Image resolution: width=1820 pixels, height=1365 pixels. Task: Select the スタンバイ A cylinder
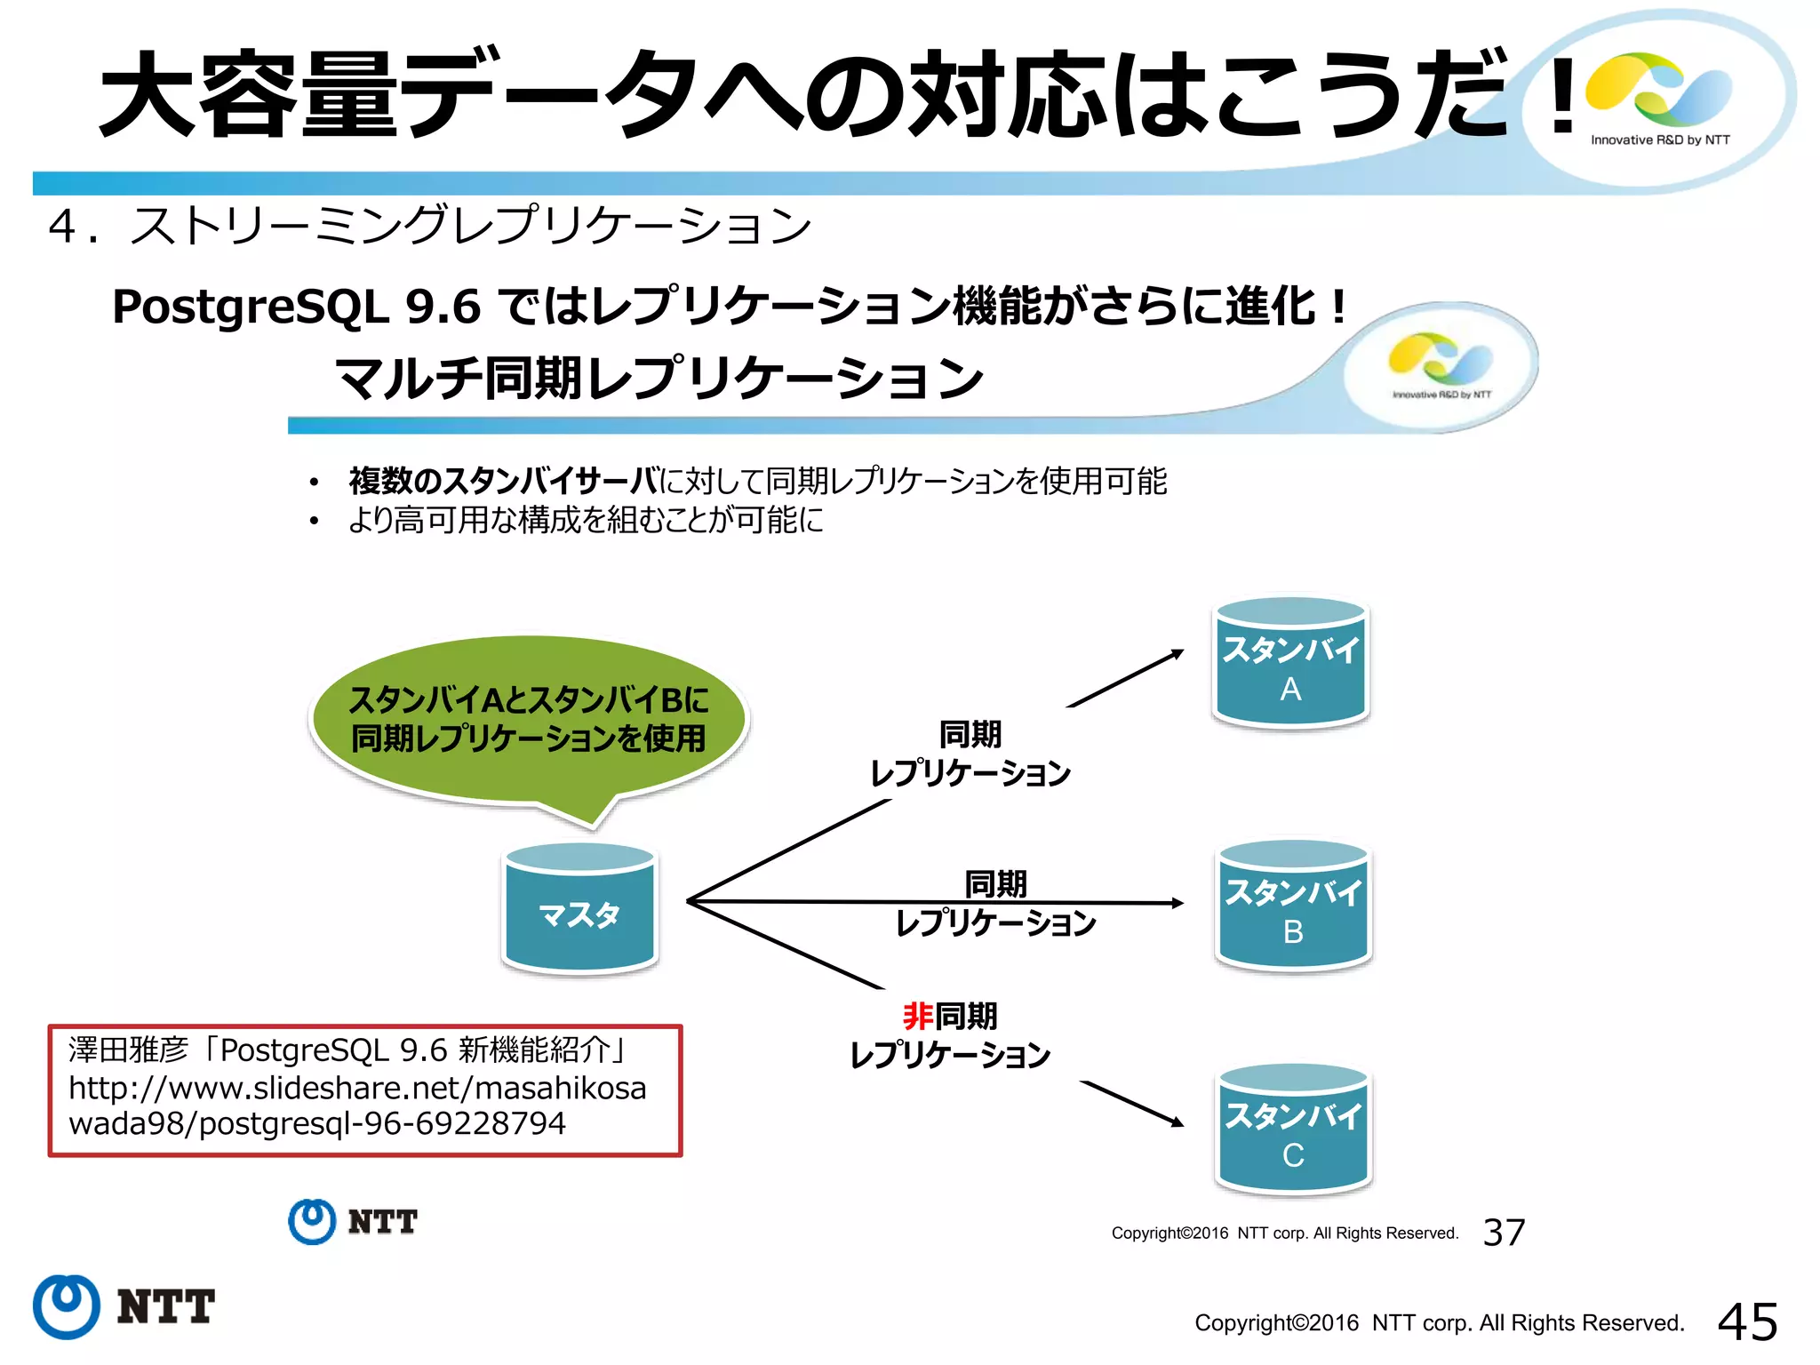pos(1290,663)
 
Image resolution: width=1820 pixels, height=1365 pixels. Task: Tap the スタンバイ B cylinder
pos(1293,906)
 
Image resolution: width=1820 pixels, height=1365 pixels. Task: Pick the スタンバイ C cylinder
pos(1293,1130)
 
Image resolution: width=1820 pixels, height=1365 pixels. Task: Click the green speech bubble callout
pos(528,720)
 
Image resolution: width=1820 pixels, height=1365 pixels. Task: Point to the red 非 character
pos(918,1016)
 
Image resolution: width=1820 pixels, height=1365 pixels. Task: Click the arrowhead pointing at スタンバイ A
pos(1177,654)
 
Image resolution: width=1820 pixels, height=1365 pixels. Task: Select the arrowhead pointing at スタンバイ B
pos(1177,903)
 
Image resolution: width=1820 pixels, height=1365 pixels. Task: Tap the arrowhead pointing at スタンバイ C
pos(1177,1122)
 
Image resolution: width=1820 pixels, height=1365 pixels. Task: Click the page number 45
pos(1747,1321)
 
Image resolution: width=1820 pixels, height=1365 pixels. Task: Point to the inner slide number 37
pos(1504,1233)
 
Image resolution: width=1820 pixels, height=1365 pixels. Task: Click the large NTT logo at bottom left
pos(124,1306)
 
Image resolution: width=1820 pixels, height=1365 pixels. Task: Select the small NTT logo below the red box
pos(353,1222)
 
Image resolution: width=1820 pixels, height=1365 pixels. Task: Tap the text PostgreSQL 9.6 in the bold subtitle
pos(296,307)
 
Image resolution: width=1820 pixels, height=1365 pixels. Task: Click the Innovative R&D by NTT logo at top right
pos(1659,98)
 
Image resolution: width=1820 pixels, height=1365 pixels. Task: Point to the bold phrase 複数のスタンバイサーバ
pos(503,481)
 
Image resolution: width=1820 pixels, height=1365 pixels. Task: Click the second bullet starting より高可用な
pos(585,520)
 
